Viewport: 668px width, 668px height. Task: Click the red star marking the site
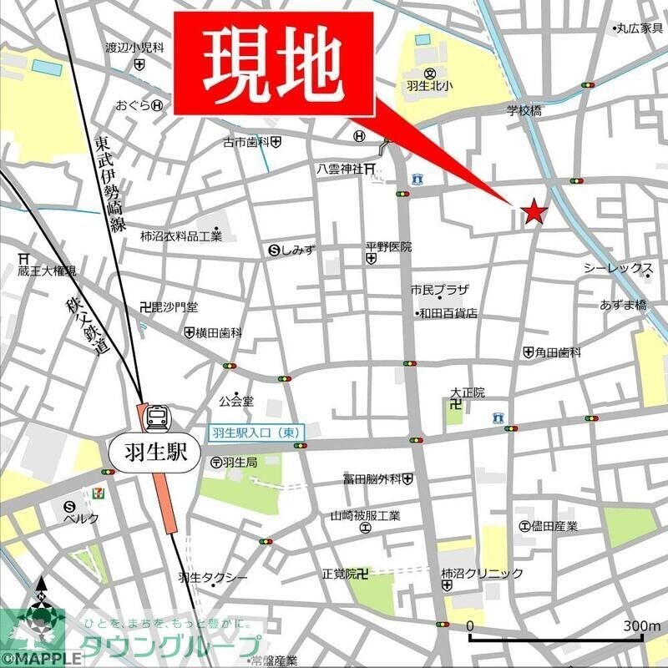coord(534,213)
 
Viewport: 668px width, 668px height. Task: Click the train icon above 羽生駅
coord(157,416)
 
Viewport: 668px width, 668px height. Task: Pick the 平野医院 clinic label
coord(388,247)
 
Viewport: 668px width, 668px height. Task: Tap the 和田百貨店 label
coord(448,313)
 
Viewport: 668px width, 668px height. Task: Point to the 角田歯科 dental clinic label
coord(558,352)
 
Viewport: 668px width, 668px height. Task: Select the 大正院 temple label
coord(468,391)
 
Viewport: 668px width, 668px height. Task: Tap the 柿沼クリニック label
coord(482,573)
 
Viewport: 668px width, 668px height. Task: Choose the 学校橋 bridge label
coord(525,110)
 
